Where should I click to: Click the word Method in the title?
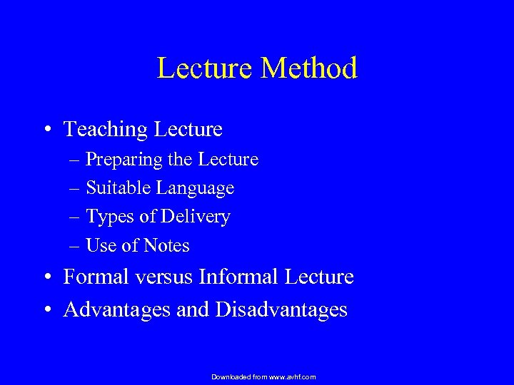pyautogui.click(x=310, y=68)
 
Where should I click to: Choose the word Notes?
pyautogui.click(x=166, y=245)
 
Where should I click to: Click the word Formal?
pyautogui.click(x=93, y=277)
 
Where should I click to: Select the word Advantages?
pyautogui.click(x=116, y=309)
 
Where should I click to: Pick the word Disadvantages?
pyautogui.click(x=281, y=309)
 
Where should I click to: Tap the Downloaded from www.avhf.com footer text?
pyautogui.click(x=264, y=376)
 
